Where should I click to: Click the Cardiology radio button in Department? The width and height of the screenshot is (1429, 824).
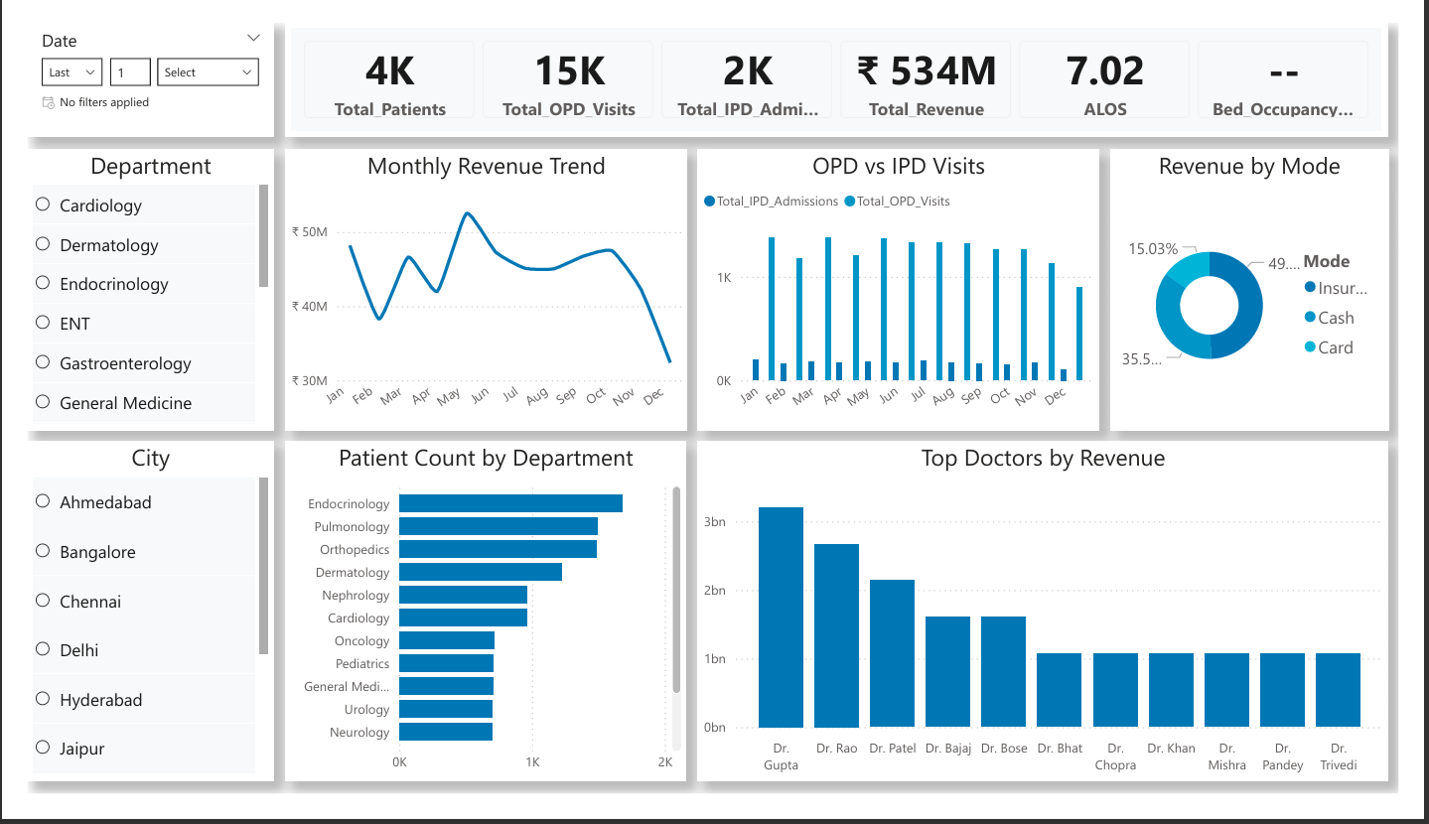[x=43, y=205]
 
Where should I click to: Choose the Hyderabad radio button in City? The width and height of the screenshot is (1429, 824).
[x=43, y=698]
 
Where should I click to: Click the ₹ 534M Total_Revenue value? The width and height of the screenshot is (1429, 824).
[x=927, y=70]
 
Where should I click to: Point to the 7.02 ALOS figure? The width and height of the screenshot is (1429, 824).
[x=1105, y=70]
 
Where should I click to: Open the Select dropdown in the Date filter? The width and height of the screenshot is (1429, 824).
[x=208, y=72]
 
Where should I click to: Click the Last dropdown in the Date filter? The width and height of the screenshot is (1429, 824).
[x=72, y=72]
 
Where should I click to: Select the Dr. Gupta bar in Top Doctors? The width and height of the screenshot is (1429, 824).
[x=781, y=618]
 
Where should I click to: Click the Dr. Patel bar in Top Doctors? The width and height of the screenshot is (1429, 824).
[x=892, y=653]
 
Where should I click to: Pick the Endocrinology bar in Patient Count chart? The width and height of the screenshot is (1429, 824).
[x=511, y=503]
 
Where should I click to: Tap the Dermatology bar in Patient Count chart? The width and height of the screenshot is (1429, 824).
[x=481, y=572]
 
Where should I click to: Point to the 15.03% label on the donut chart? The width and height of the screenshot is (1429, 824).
[x=1153, y=249]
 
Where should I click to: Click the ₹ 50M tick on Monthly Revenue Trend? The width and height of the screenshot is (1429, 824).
[x=310, y=231]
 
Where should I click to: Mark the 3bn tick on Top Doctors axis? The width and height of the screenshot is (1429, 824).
[x=715, y=521]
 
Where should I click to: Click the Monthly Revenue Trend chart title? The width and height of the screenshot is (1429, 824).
[x=487, y=167]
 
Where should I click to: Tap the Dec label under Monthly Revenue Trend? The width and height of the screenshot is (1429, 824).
[x=653, y=397]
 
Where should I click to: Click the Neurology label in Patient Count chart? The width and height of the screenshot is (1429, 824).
[x=359, y=732]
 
